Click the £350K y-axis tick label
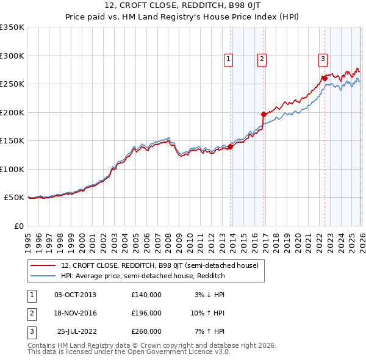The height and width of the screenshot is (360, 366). click(12, 27)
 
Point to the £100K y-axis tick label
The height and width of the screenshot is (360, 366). click(12, 169)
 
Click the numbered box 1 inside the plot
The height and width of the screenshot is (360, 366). click(228, 59)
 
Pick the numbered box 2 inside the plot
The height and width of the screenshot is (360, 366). click(261, 59)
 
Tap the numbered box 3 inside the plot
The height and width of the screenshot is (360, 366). click(322, 59)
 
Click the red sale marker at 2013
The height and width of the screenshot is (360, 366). click(231, 146)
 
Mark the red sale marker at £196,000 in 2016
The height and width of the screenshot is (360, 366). click(264, 114)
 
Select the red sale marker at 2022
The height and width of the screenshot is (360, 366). click(325, 78)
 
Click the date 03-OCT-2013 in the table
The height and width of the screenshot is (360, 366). click(75, 295)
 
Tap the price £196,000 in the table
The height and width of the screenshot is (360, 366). click(146, 313)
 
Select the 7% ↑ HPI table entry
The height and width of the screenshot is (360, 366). click(209, 331)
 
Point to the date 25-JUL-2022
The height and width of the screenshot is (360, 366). click(76, 331)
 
